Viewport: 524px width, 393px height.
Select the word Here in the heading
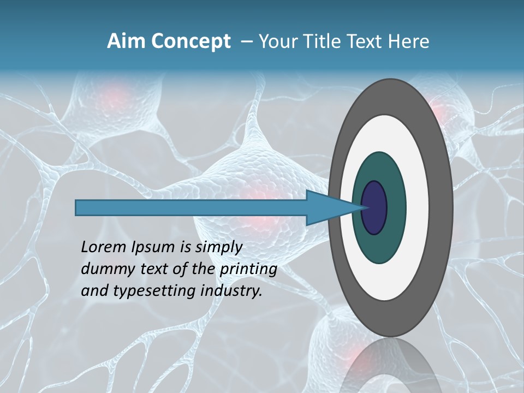409,41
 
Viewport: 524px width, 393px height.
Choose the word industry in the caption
231,291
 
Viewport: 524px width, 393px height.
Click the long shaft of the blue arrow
191,208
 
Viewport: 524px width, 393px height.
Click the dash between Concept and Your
247,42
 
